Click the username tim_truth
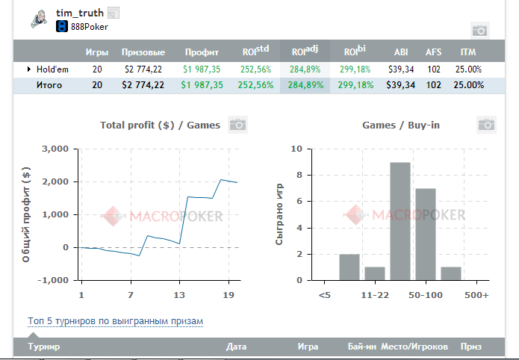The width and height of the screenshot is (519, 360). (80, 13)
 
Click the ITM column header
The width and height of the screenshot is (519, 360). (468, 52)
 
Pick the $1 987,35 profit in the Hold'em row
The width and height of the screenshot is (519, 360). (202, 69)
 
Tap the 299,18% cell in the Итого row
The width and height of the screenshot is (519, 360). (355, 84)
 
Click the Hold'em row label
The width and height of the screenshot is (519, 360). (53, 69)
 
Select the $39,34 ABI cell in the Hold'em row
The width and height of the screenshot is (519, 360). (401, 69)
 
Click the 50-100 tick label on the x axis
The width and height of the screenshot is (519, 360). (426, 295)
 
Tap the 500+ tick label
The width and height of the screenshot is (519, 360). (476, 295)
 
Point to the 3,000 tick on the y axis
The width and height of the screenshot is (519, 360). (56, 149)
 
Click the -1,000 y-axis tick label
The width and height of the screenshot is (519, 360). (54, 281)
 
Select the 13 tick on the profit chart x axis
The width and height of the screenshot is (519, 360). (179, 295)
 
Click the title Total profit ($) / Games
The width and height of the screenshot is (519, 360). (160, 125)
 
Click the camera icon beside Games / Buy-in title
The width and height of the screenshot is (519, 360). (486, 125)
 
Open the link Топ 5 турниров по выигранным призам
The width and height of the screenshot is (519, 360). (115, 321)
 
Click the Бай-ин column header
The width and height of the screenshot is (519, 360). (361, 347)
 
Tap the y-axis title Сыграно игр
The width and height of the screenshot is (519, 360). (279, 215)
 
